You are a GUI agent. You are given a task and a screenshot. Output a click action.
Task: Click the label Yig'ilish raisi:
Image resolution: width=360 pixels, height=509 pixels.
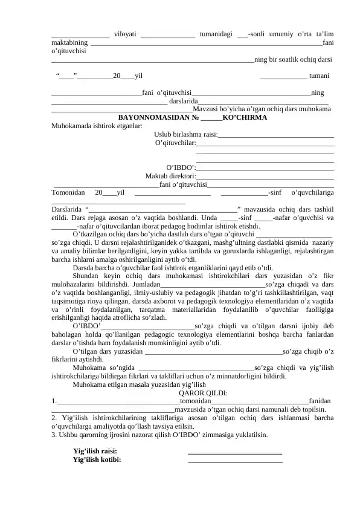pos(95,450)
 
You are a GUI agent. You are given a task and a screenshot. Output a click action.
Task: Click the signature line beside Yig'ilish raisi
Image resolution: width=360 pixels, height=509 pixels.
pos(235,452)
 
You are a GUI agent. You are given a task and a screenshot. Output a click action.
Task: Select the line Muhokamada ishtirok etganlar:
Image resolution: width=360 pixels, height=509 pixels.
pos(97,126)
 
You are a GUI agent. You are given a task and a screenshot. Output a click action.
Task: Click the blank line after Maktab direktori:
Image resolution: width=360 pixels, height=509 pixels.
pos(265,178)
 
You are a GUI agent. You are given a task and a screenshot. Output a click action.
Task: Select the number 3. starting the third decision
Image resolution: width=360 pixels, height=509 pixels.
pos(55,434)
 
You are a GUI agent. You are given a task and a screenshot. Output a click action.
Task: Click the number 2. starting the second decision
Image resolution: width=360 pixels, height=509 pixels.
pos(55,417)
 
